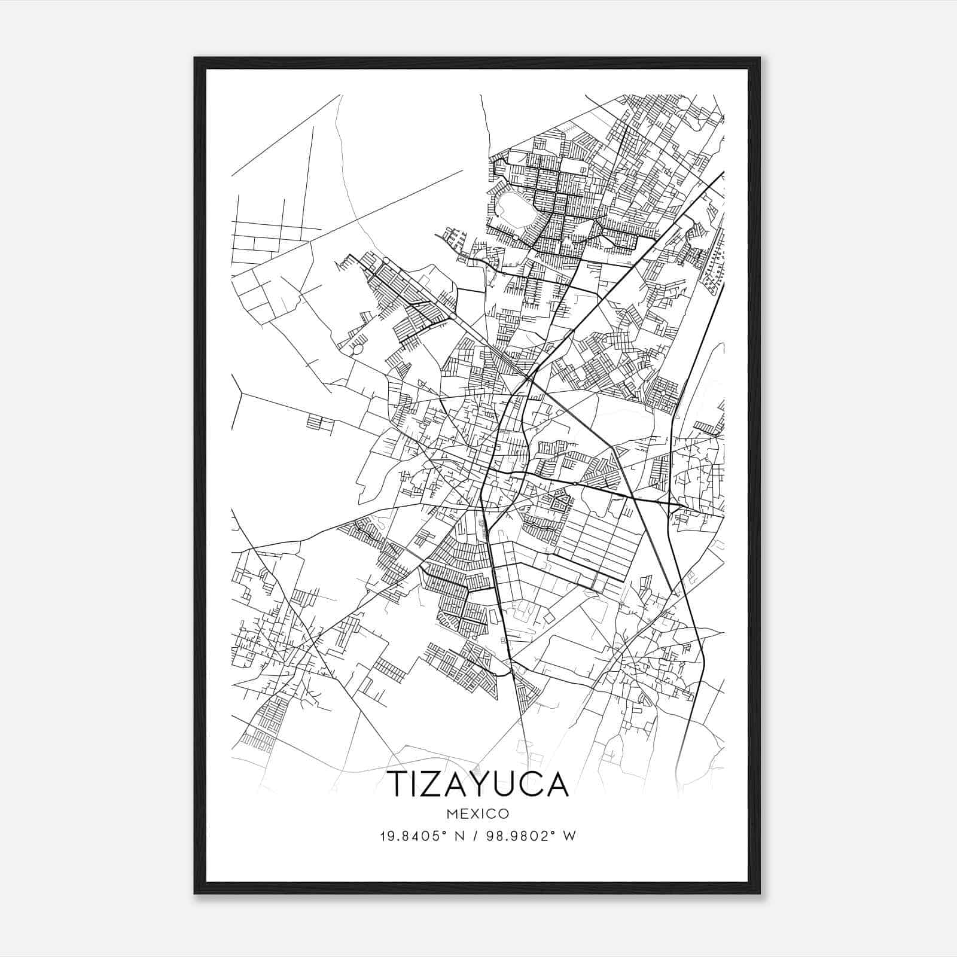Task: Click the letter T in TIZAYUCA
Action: click(400, 784)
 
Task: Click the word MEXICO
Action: click(478, 813)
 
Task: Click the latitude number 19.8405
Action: click(404, 836)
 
